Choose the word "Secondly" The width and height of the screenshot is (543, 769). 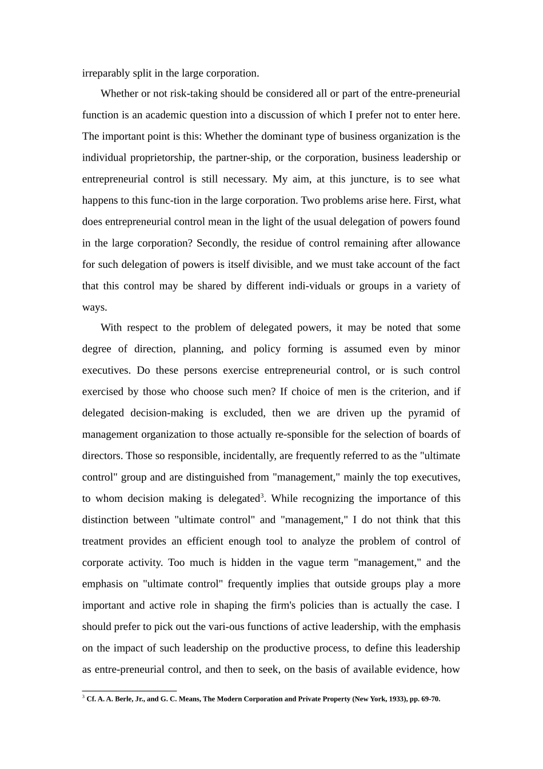point(218,243)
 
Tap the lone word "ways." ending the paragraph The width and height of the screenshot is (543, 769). point(94,307)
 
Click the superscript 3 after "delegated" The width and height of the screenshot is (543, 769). point(262,496)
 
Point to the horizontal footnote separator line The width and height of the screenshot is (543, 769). point(129,691)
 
